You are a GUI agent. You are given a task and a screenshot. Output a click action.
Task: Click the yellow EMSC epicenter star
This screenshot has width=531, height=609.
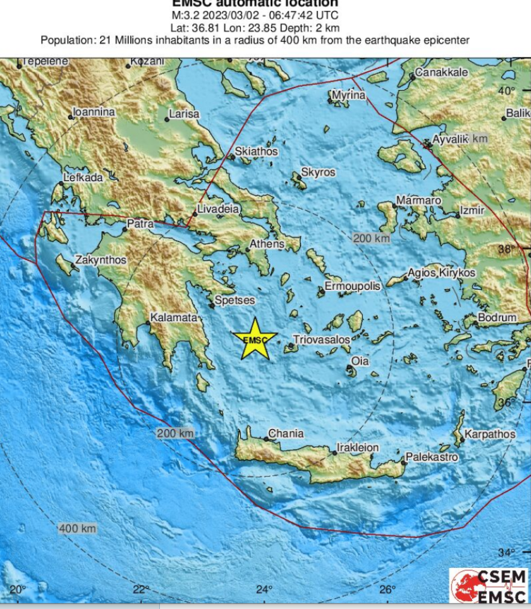point(255,339)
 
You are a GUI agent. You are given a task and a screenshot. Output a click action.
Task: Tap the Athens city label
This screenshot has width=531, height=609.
point(268,244)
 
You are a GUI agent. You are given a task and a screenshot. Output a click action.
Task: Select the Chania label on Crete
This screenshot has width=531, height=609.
point(286,433)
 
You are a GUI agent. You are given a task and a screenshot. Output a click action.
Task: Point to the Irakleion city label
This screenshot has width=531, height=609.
point(358,448)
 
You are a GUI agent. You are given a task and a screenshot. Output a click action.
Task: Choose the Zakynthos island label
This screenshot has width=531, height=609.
point(101,260)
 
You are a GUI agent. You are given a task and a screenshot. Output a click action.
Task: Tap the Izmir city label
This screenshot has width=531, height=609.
point(472,211)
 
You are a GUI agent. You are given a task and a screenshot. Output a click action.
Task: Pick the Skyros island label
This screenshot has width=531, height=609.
point(318,173)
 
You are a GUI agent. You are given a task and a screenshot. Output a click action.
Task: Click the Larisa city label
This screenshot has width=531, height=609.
point(184,114)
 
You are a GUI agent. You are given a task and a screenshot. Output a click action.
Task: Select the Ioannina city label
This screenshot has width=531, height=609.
point(94,112)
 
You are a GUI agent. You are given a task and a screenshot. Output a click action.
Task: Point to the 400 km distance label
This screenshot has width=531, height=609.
point(78,529)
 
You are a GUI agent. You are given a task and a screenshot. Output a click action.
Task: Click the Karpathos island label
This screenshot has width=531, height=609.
point(491,434)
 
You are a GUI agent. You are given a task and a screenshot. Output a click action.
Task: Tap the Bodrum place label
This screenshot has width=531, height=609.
point(497,317)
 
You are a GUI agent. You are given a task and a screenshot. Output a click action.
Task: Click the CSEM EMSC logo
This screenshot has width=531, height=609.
point(489,586)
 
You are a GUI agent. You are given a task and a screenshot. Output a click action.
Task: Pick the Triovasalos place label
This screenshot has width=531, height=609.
point(322,340)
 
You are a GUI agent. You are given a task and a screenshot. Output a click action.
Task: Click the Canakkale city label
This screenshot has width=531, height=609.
point(442,72)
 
